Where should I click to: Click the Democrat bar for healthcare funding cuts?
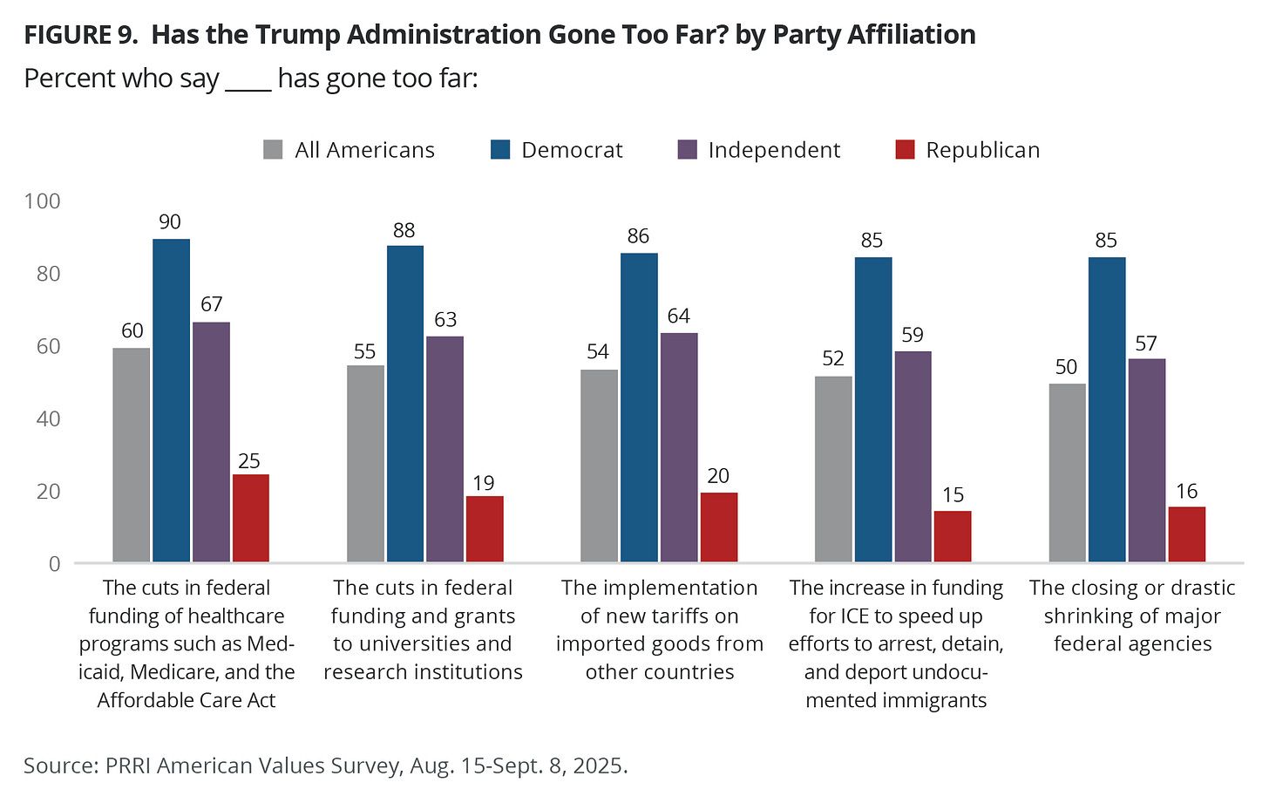click(x=171, y=400)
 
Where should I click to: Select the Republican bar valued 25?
click(x=251, y=518)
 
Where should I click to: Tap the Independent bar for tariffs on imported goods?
click(x=679, y=447)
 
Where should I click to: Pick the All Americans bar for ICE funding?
click(x=833, y=469)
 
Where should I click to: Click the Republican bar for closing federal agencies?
click(x=1187, y=534)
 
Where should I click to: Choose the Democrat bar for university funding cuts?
click(x=405, y=404)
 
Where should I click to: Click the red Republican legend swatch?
click(x=906, y=150)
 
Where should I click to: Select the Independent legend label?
click(x=774, y=150)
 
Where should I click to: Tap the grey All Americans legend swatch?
click(x=274, y=150)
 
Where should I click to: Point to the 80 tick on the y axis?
click(x=42, y=274)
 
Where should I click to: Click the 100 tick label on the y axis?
click(x=42, y=201)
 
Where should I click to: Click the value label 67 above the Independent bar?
click(x=211, y=304)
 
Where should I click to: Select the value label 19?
click(x=484, y=483)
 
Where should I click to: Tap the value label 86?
click(x=639, y=236)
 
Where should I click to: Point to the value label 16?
click(x=1187, y=492)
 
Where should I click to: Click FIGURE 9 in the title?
click(x=81, y=35)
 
